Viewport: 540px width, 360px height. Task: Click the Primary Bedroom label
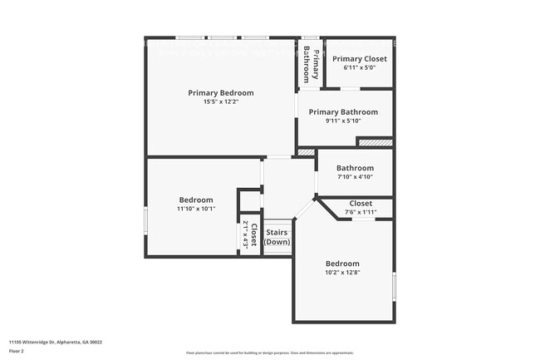tap(220, 93)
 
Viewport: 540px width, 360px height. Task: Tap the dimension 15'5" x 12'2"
tap(220, 102)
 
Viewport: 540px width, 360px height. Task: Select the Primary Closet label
tap(360, 59)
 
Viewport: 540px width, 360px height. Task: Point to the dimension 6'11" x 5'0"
tap(360, 67)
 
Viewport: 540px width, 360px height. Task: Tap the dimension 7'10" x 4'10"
tap(355, 176)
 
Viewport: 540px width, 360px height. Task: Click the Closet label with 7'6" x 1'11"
tap(361, 203)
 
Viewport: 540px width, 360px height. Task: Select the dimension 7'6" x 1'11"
tap(361, 211)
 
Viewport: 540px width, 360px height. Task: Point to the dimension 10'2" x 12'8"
tap(342, 272)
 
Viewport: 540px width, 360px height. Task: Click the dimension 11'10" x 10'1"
tap(196, 209)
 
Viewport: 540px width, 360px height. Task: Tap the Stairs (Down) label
tap(277, 237)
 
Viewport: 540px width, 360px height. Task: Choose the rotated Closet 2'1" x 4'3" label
tap(250, 235)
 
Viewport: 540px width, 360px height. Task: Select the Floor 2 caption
tap(17, 352)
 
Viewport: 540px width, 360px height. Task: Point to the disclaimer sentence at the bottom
tap(269, 353)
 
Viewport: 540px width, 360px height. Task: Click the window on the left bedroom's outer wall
tap(147, 221)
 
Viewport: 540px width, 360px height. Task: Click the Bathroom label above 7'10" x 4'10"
tap(355, 168)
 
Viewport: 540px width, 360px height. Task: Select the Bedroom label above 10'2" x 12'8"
tap(342, 263)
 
